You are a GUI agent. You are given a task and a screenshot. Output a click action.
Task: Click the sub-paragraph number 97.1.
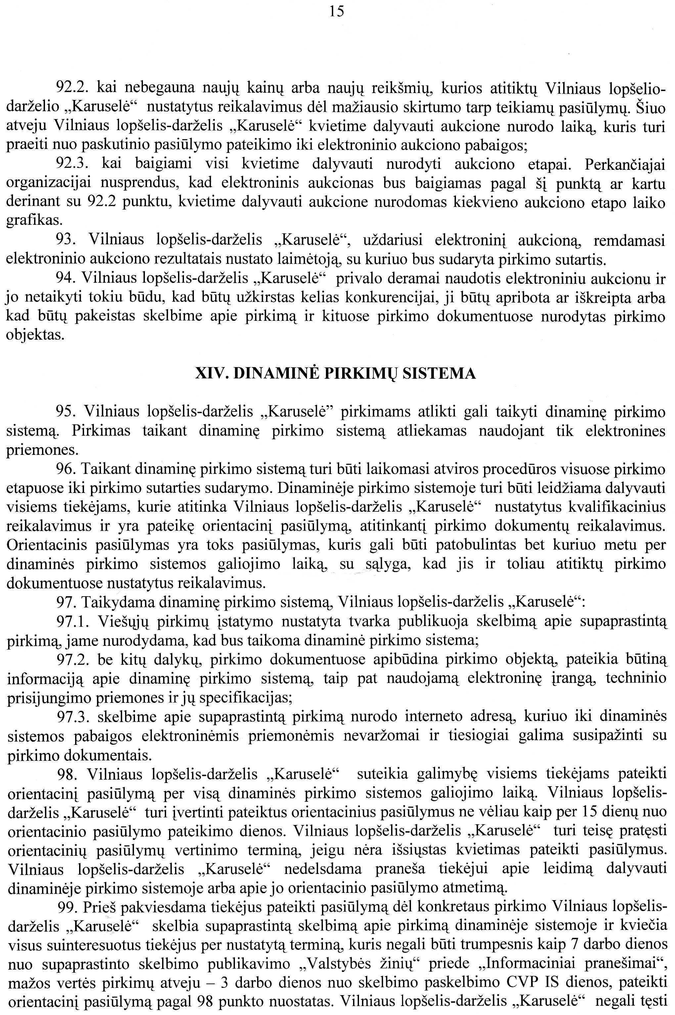[71, 621]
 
